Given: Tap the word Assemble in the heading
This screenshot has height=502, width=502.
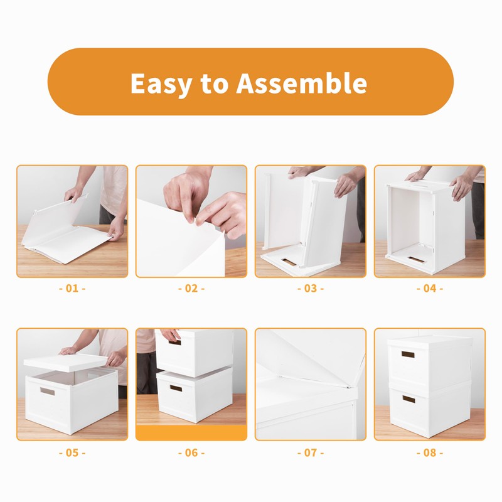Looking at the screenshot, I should coord(301,83).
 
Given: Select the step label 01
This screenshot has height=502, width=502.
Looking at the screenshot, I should coord(72,289).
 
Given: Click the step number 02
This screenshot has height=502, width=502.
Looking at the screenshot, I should coord(191,289).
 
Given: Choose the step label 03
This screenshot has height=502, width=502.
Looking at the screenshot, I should coord(311,289).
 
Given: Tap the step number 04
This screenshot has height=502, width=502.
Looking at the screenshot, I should coord(430,289).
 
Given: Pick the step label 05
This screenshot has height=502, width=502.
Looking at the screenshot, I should coord(72,452).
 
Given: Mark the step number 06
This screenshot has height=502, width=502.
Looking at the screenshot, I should coord(191,452).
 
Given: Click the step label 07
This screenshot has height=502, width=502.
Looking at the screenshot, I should coord(311,452).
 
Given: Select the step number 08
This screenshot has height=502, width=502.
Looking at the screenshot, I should coord(430,452).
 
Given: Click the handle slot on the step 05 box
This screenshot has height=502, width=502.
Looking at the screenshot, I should coord(48,391).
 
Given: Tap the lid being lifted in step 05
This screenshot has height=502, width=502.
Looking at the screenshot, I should coord(66,361).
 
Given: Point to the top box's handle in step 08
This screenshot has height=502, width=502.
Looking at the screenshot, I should coord(409,355).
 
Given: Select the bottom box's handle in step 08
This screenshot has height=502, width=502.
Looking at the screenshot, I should coord(409,399).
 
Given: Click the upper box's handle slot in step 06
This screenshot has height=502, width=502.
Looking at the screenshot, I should coord(174,342).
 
